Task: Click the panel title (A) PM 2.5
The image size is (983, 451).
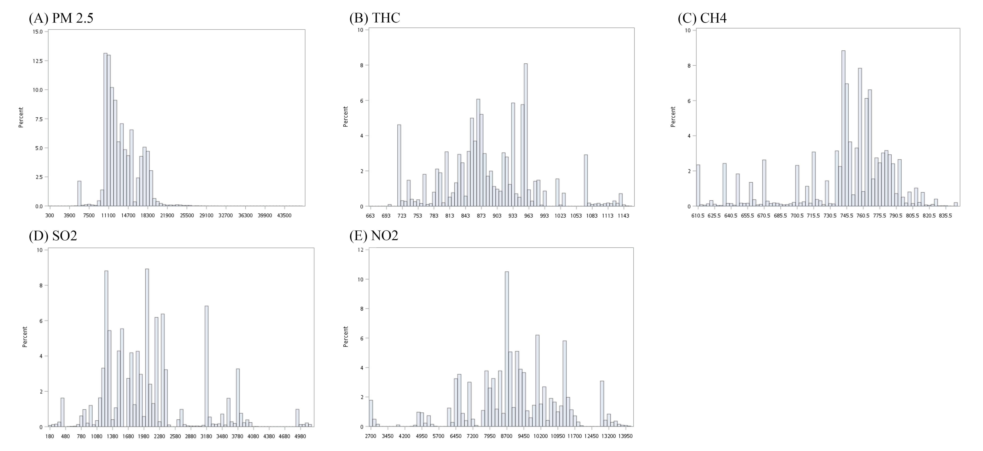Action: [61, 18]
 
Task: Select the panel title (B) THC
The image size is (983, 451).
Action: [375, 18]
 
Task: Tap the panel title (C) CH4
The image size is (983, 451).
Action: [702, 18]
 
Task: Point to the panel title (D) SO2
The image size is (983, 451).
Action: [53, 236]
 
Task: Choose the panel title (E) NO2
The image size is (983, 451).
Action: [374, 236]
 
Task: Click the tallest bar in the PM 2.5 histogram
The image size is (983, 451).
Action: [105, 130]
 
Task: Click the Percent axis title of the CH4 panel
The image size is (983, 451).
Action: [673, 117]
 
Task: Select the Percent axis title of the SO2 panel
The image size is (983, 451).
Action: [25, 337]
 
